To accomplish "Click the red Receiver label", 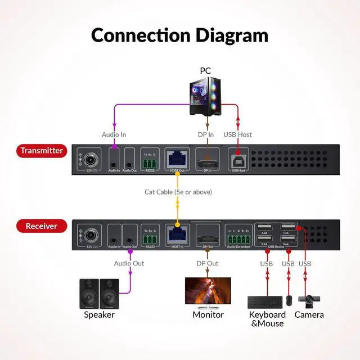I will pos(41,226).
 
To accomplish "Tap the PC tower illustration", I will pos(205,96).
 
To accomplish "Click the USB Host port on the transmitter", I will pos(238,159).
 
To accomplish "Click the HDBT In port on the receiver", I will pos(177,235).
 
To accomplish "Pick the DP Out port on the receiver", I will pos(207,235).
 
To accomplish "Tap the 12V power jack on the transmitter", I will pos(89,160).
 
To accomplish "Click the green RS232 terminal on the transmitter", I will pos(150,161).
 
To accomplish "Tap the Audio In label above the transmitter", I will pos(114,134).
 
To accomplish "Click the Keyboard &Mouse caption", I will pos(267,319).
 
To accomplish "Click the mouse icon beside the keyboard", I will pos(289,301).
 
